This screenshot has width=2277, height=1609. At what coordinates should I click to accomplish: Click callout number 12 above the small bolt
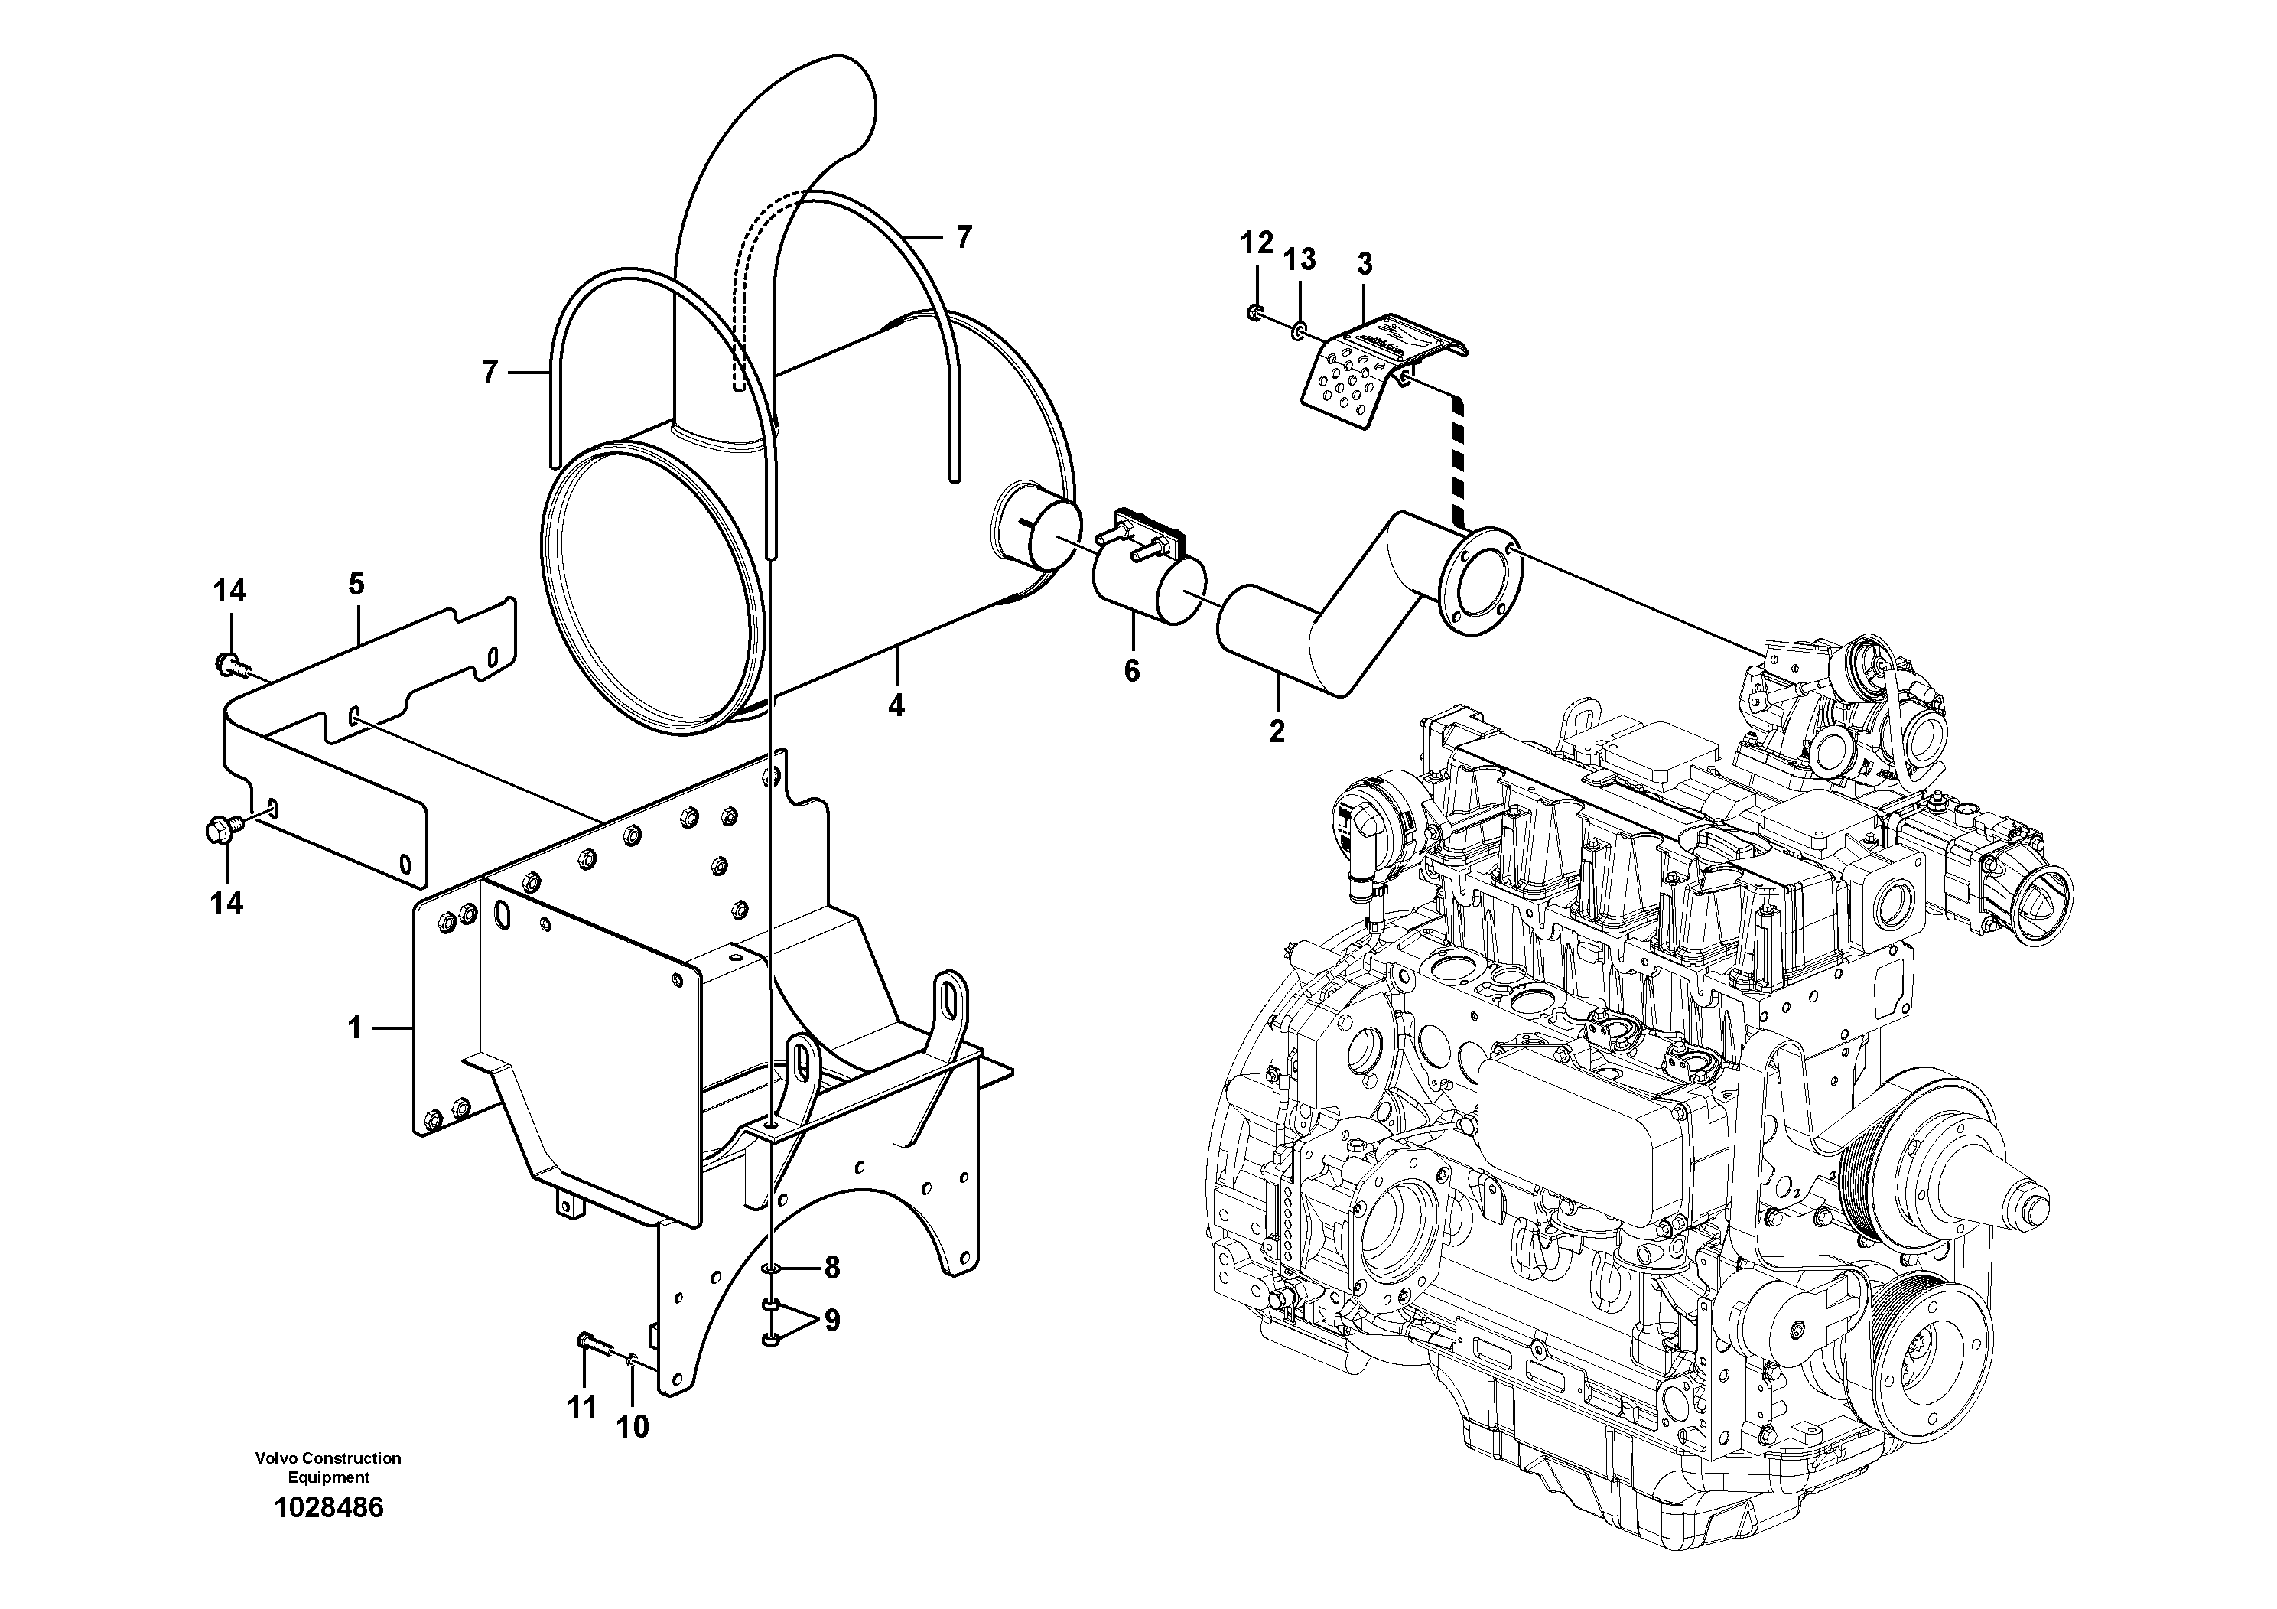click(1257, 243)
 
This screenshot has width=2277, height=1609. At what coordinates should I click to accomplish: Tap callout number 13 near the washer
click(1300, 260)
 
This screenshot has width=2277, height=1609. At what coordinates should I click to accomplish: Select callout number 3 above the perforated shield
click(1365, 265)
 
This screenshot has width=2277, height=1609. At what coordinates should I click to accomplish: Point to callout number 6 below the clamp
click(1131, 672)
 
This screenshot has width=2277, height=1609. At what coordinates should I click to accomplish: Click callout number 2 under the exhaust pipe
click(1277, 732)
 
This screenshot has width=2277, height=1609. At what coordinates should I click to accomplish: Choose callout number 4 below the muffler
click(896, 705)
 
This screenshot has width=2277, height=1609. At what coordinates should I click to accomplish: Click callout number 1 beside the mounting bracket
click(355, 1029)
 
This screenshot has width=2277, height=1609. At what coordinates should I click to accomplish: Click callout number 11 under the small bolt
click(582, 1407)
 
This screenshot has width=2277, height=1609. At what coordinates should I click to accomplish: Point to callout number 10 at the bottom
click(633, 1428)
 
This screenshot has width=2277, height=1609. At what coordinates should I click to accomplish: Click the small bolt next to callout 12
click(1254, 314)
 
